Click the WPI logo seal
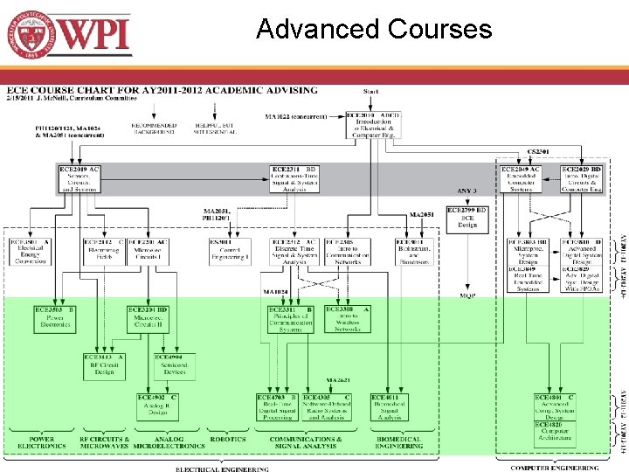(x=31, y=36)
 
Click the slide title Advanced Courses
(x=374, y=30)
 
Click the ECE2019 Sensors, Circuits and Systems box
(x=79, y=178)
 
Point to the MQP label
(x=467, y=296)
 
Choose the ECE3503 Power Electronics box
(x=54, y=319)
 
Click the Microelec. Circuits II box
(x=148, y=318)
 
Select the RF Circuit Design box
(x=103, y=364)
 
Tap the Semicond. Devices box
(x=174, y=364)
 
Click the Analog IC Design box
(x=156, y=407)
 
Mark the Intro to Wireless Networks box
(x=348, y=319)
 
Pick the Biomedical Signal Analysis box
(x=391, y=407)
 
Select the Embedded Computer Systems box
(x=521, y=178)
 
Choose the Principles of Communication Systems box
(x=290, y=319)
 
